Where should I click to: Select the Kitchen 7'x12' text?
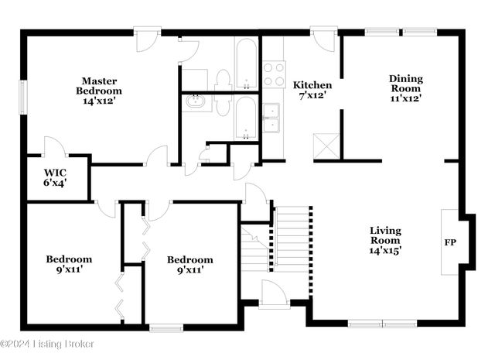click(x=312, y=90)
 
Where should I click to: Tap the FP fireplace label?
click(x=450, y=242)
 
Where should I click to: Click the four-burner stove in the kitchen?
click(x=274, y=74)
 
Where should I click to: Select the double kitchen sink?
click(x=271, y=118)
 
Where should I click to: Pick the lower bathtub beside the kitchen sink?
click(x=247, y=118)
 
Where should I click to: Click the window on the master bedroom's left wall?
click(x=22, y=96)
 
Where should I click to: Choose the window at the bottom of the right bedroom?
click(x=165, y=327)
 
